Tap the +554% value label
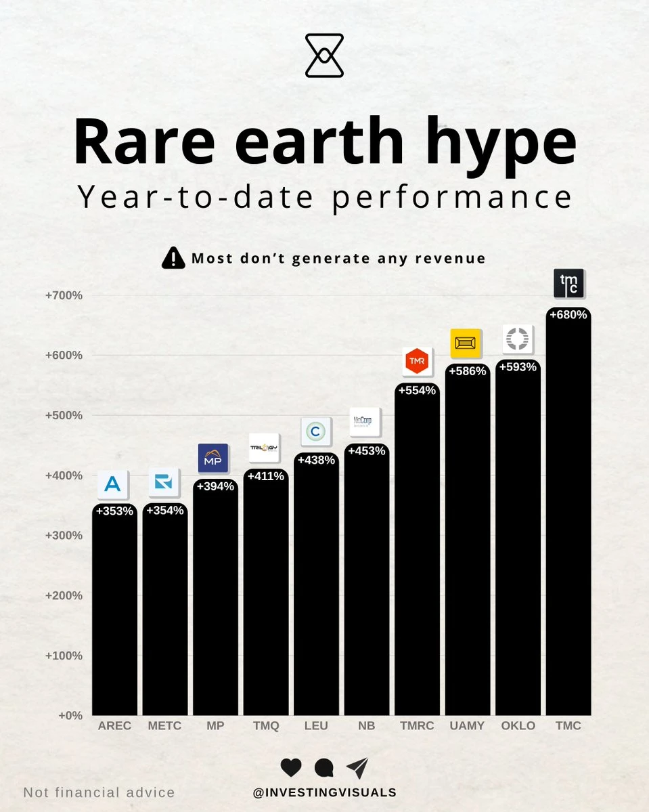tap(417, 390)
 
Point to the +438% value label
tap(316, 460)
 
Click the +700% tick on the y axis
tap(64, 295)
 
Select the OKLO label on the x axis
tap(518, 726)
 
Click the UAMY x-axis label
tap(467, 726)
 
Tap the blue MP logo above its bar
tap(212, 458)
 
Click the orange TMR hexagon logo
tap(416, 362)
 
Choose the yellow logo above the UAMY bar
tap(466, 343)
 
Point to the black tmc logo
tap(568, 284)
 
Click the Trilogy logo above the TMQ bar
tap(264, 448)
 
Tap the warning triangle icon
tap(173, 258)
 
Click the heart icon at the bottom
tap(291, 767)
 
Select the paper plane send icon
tap(357, 767)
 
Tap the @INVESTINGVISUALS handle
tap(325, 792)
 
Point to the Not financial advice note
tap(99, 792)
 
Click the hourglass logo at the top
tap(324, 54)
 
